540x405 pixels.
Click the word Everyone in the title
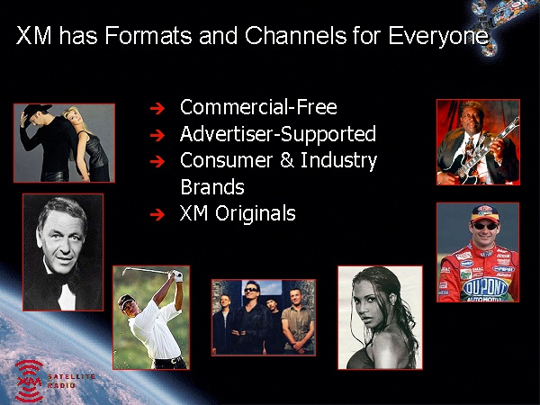[438, 37]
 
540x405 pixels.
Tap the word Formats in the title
[148, 35]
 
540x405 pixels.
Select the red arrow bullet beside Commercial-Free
[157, 108]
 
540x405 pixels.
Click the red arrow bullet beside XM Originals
[157, 214]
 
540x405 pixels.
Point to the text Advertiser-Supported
[277, 134]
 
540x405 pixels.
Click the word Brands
[212, 186]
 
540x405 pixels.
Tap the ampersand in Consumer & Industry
[287, 160]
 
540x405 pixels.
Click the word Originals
[256, 214]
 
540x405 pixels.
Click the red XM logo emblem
[29, 382]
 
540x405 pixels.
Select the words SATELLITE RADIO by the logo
[71, 381]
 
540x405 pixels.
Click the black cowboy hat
[37, 110]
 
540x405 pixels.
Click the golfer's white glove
[177, 276]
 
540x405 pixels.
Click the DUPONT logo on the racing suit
[485, 287]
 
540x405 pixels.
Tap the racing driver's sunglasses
[485, 226]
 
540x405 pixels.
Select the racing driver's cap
[485, 213]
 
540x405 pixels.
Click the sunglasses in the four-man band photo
[250, 290]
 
